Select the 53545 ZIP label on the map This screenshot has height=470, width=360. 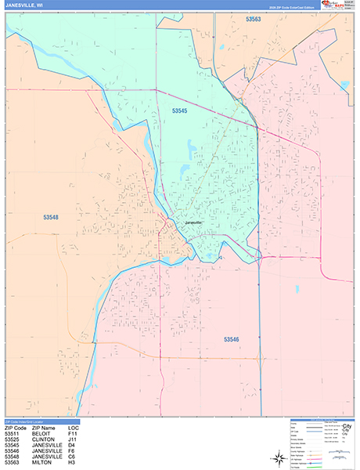tap(180, 112)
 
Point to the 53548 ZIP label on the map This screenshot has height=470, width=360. tap(52, 217)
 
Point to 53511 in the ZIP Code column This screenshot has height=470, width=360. tap(13, 433)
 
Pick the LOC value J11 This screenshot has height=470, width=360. tap(73, 439)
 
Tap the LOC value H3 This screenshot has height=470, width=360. tap(72, 465)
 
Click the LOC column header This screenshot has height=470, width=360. tap(73, 428)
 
